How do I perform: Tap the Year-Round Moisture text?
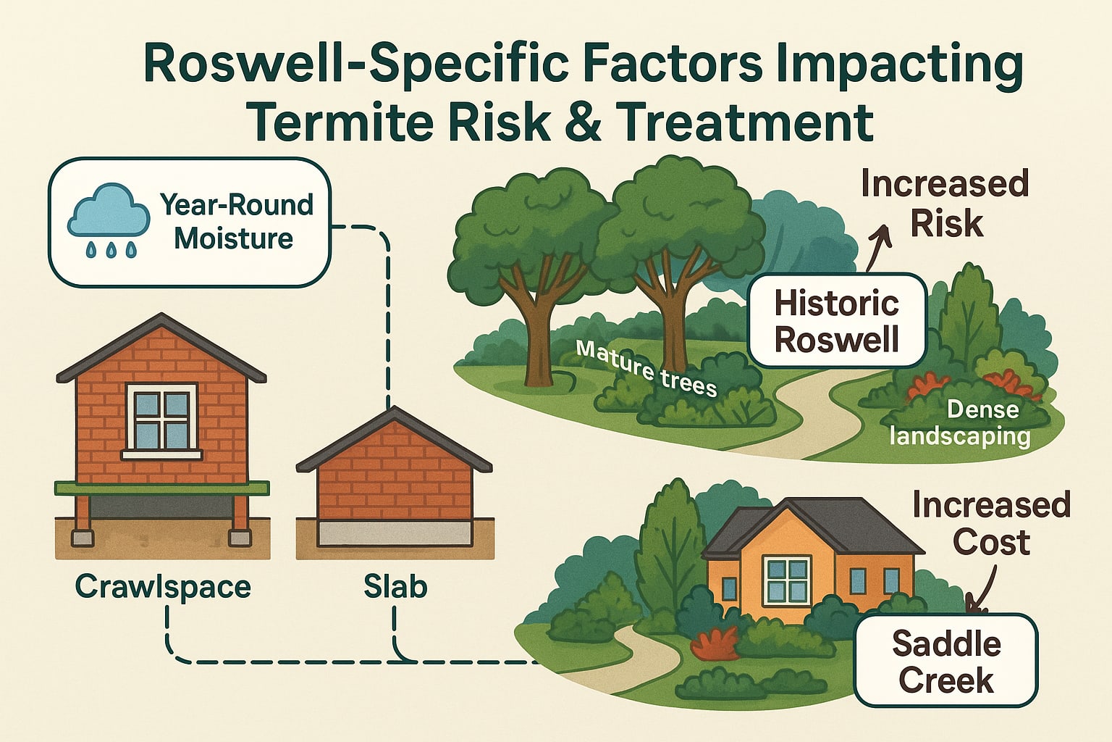click(236, 221)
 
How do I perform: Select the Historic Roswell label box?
click(837, 320)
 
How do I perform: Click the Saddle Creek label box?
click(945, 661)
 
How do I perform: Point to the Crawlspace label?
click(163, 586)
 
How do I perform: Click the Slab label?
click(395, 586)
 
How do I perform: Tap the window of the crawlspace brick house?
click(161, 418)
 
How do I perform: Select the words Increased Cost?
click(990, 522)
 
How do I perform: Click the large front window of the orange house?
click(787, 580)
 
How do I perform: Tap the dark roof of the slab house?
click(394, 439)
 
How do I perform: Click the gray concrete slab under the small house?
click(395, 534)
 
